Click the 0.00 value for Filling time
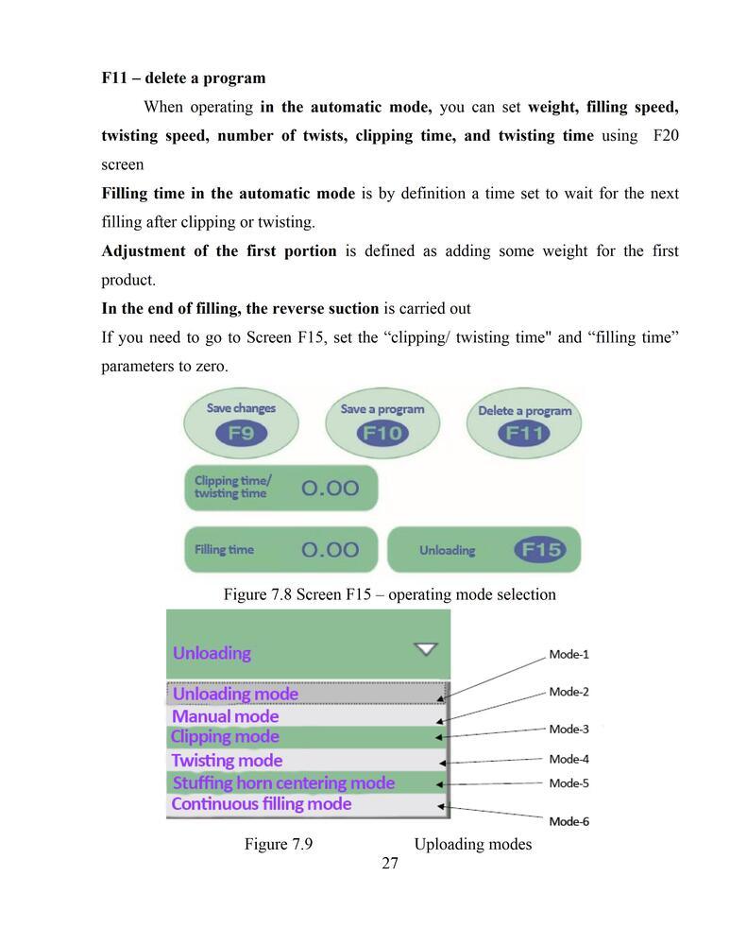coord(331,549)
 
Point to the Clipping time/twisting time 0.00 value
coord(331,488)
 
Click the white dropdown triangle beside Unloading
coord(427,649)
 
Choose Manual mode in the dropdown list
coord(226,716)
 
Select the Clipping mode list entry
coord(225,737)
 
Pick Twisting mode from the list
coord(227,761)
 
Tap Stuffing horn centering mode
coord(283,783)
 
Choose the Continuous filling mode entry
coord(262,804)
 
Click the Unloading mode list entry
coord(235,694)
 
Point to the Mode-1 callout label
coord(569,654)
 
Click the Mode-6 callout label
coord(569,821)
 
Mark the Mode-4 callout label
coord(569,759)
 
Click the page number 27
coord(390,864)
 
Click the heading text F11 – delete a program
coord(183,77)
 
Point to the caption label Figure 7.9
coord(279,844)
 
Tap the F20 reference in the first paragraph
coord(666,136)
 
